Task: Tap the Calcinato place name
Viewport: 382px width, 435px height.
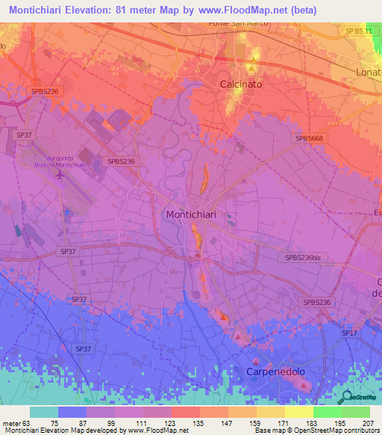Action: (240, 84)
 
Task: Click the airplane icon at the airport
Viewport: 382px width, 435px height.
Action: (59, 175)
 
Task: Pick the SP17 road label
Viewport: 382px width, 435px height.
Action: (349, 331)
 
